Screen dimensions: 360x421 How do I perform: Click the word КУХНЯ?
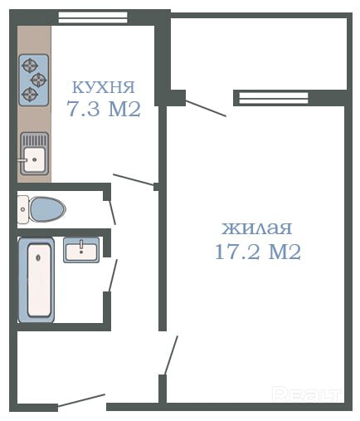(103, 87)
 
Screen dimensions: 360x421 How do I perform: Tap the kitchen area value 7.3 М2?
(104, 109)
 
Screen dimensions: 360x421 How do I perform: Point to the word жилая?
(257, 228)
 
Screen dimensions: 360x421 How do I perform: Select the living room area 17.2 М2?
(258, 252)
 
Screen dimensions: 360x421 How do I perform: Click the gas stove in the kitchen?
(34, 81)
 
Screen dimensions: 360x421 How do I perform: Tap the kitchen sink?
(34, 154)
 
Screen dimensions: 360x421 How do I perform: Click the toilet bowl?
(41, 209)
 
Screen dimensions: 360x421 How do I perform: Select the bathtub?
(36, 280)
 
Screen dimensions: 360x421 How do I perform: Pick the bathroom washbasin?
(81, 250)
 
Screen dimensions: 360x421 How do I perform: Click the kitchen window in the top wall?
(93, 17)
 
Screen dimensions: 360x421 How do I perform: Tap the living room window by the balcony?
(273, 98)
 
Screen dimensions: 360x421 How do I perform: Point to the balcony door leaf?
(206, 109)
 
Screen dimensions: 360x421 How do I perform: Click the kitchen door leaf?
(134, 179)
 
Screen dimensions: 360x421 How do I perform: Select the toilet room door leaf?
(112, 213)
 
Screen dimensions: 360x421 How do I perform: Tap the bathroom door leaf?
(113, 275)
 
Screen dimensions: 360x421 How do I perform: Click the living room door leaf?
(171, 355)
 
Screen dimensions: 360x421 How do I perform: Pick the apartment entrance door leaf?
(81, 400)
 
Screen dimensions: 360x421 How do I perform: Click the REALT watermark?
(307, 394)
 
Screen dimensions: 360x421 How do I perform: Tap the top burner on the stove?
(30, 66)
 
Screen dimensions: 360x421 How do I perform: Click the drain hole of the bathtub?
(38, 258)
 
